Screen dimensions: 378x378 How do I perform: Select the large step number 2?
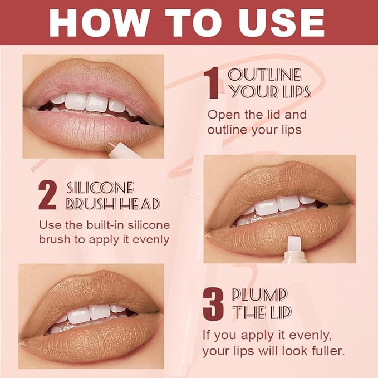[x=48, y=195]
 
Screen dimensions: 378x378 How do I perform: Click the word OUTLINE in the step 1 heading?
[x=264, y=75]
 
